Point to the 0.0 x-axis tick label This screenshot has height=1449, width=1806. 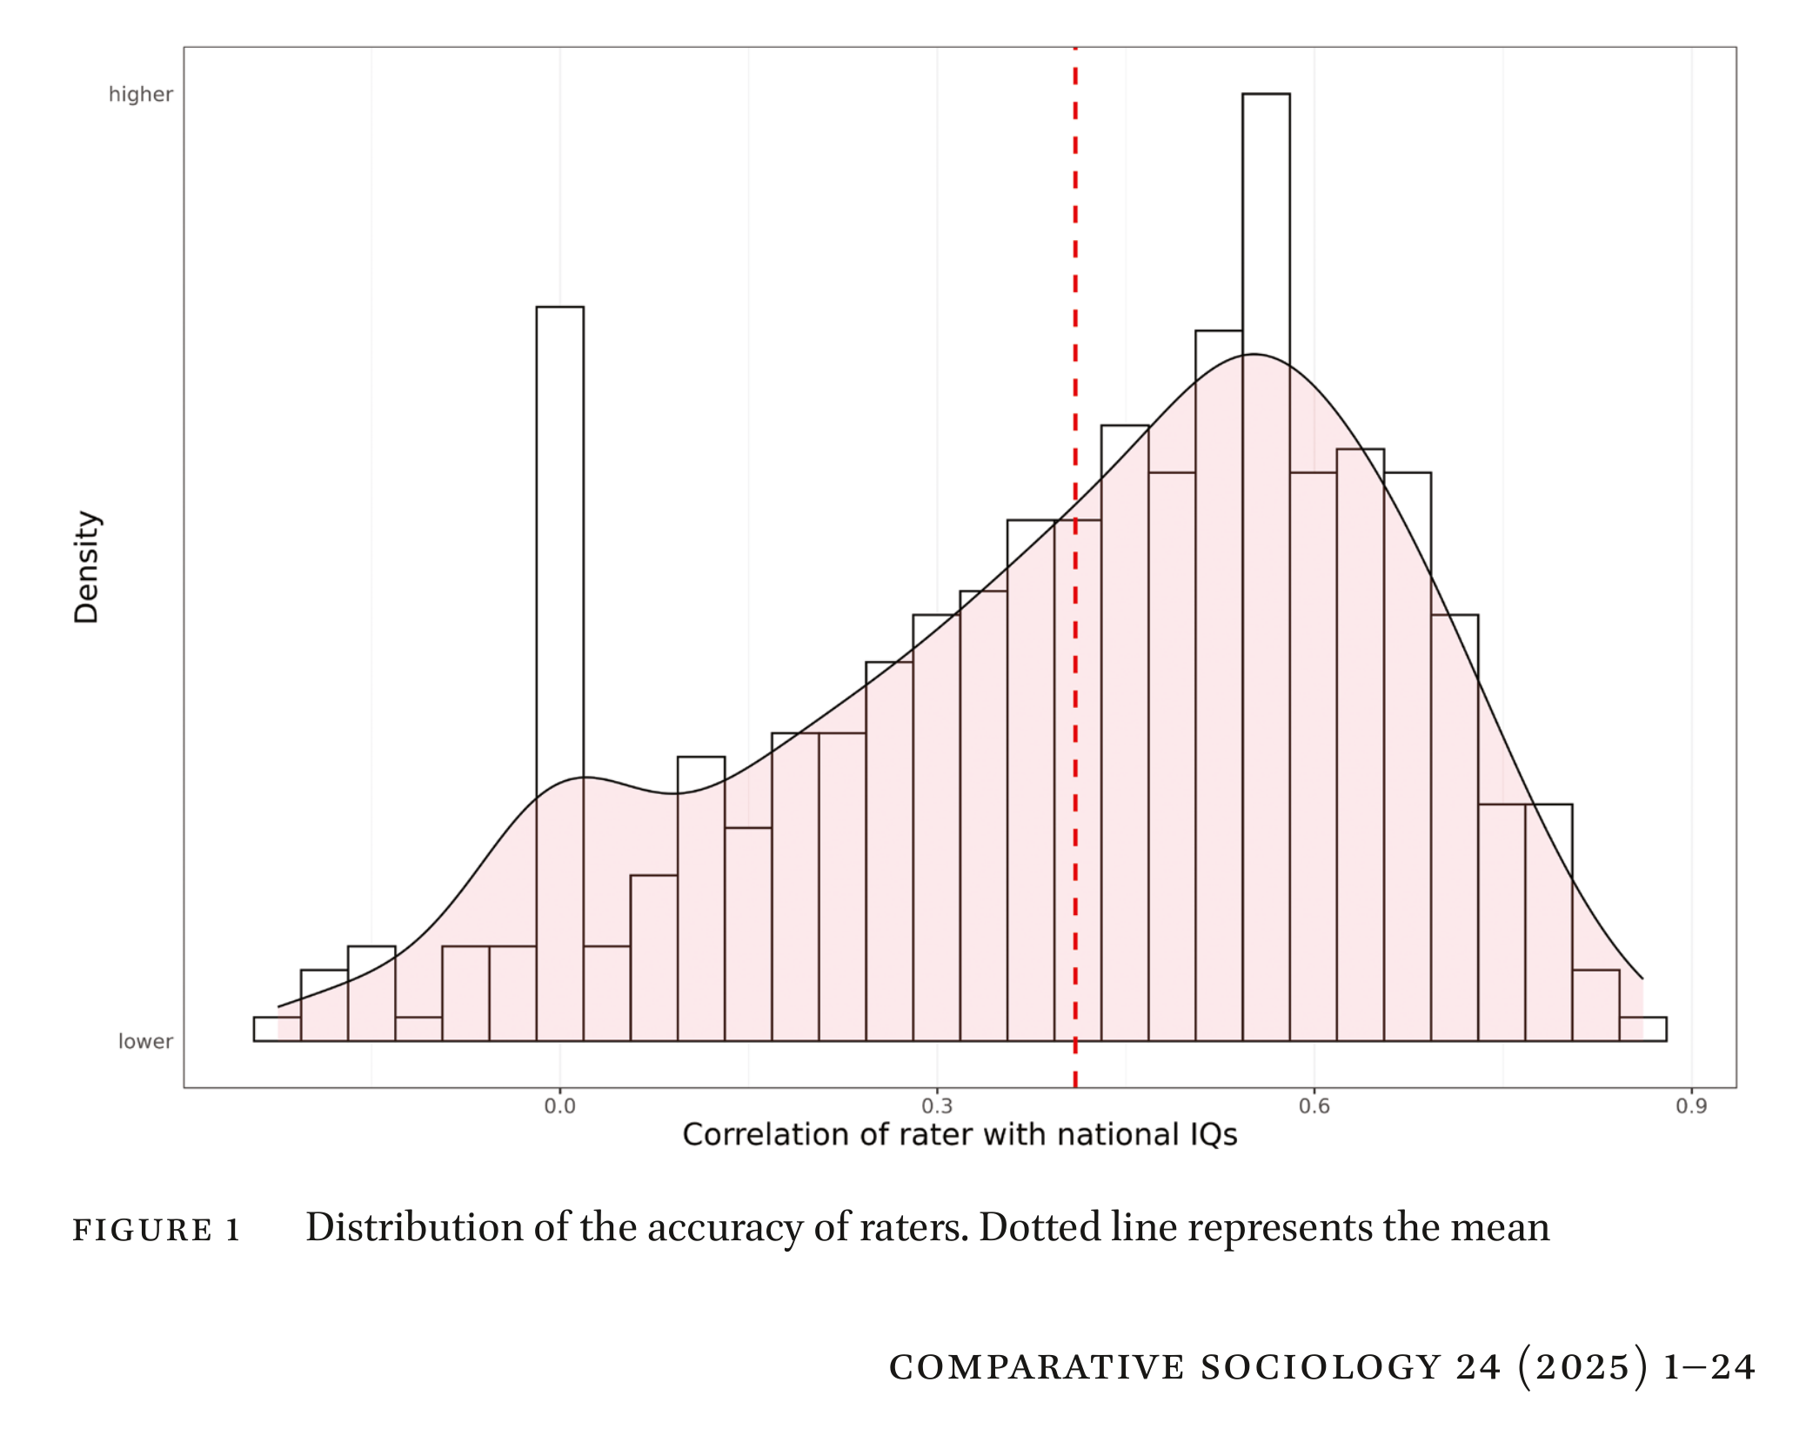click(559, 1105)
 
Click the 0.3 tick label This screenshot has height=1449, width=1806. click(937, 1105)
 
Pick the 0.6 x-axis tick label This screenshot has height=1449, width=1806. click(1314, 1105)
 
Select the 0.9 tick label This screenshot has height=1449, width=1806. click(1690, 1105)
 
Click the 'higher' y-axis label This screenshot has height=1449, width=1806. click(141, 94)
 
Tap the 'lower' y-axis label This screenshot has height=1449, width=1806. click(145, 1041)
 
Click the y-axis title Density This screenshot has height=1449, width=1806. click(86, 566)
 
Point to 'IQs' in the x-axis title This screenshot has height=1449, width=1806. click(1210, 1134)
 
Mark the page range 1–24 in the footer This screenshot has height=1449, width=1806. click(1709, 1366)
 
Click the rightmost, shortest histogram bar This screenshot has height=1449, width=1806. click(1642, 1029)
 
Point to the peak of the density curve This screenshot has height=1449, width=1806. click(1254, 354)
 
